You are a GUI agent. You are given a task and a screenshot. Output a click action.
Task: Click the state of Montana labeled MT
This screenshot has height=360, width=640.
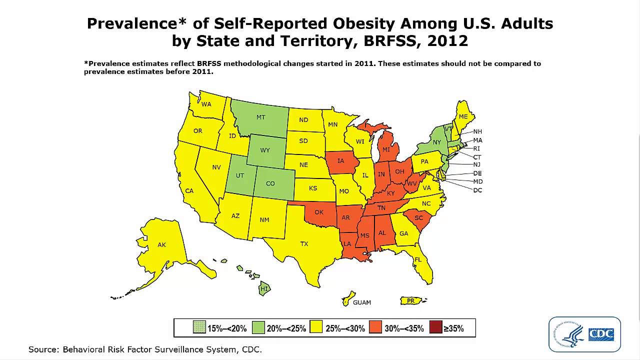(260, 117)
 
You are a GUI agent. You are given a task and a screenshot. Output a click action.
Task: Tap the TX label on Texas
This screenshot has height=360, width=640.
(304, 244)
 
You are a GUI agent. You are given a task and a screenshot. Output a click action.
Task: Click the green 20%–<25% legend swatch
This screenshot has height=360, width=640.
(258, 328)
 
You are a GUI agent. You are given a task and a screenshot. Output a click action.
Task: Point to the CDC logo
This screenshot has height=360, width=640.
(584, 334)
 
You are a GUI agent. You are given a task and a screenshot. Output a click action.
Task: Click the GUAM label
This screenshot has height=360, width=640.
(362, 302)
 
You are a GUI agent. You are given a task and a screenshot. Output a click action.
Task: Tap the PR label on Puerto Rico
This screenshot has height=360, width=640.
(410, 300)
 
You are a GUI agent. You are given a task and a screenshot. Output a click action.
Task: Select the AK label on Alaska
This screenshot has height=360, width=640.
(161, 245)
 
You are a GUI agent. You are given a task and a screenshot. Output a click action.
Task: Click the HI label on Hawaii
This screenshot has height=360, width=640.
(264, 289)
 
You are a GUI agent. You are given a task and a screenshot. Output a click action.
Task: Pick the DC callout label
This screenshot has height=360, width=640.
(477, 190)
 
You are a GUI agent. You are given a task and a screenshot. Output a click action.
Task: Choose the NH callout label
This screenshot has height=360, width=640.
(477, 131)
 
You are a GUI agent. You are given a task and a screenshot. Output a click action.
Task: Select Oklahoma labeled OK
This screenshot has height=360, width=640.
(319, 212)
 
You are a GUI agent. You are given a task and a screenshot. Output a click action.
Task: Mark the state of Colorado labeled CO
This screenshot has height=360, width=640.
(270, 183)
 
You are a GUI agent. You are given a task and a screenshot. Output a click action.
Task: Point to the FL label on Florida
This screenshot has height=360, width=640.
(418, 259)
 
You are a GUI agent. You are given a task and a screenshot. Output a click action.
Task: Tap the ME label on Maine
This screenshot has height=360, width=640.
(463, 116)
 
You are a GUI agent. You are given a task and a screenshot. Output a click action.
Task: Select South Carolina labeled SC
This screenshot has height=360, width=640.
(418, 218)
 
